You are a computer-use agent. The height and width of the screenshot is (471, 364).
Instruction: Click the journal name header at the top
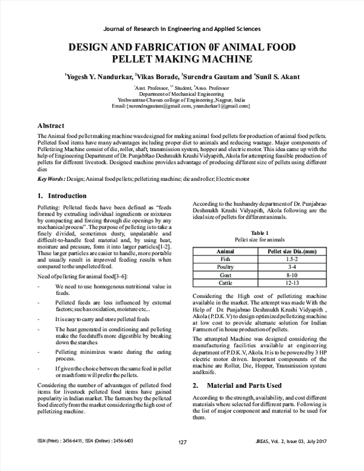[x=182, y=29]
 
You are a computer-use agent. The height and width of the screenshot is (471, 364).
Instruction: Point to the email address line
[x=181, y=107]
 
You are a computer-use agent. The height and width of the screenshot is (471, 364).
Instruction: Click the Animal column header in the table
[x=226, y=250]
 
